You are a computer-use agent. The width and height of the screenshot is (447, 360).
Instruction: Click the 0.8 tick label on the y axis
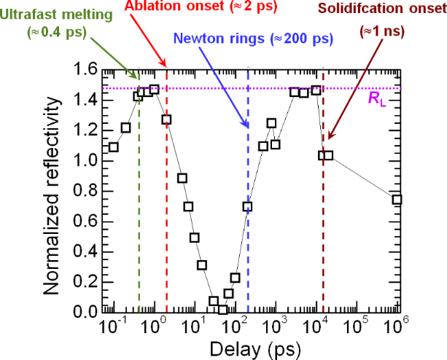click(85, 191)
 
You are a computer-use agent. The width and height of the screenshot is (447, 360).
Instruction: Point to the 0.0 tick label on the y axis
click(85, 312)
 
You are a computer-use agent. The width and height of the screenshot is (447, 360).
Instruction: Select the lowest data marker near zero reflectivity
click(223, 309)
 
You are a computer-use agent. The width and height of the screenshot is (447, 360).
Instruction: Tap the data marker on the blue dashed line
click(248, 206)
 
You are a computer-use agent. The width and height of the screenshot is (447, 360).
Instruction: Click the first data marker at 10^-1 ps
click(113, 147)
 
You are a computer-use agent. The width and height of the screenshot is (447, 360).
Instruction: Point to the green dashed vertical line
click(139, 219)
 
